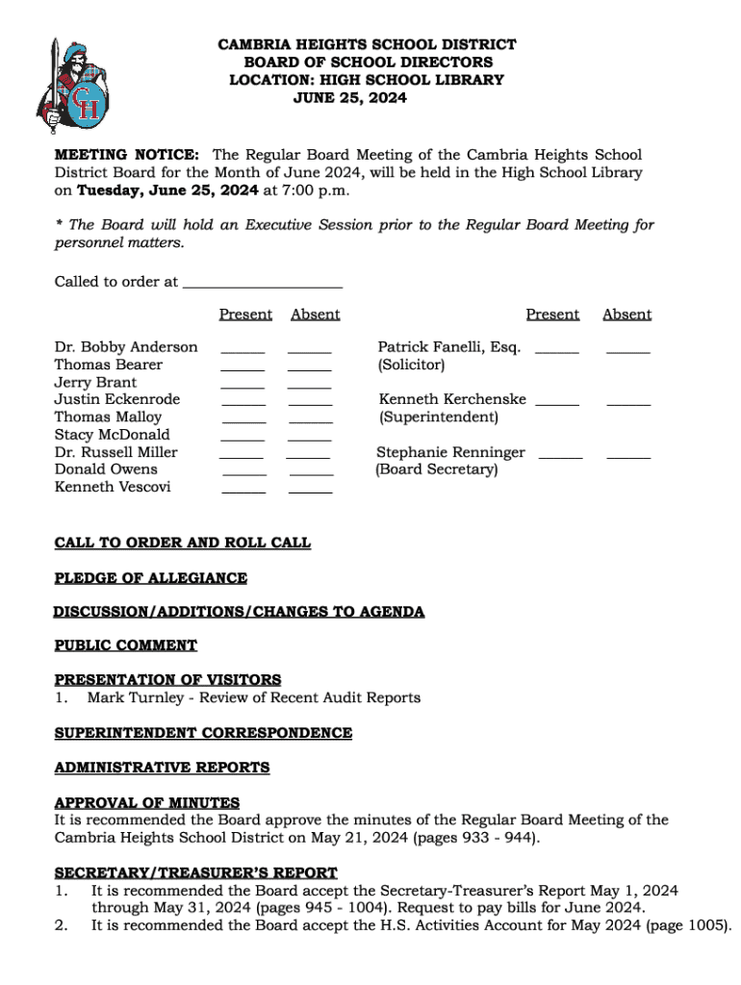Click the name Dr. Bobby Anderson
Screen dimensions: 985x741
[126, 347]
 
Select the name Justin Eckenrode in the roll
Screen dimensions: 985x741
[116, 399]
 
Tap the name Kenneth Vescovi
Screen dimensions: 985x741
[113, 487]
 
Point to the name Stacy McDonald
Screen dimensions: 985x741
[112, 435]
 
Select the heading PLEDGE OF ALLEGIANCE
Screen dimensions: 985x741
[151, 578]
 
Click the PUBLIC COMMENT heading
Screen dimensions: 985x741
[126, 645]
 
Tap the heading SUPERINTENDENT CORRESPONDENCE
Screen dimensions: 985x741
[203, 733]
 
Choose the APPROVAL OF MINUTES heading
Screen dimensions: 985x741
[147, 803]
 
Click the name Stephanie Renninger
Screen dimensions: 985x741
[450, 452]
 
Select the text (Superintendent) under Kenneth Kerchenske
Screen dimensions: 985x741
[439, 417]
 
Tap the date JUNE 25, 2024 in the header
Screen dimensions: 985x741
[349, 98]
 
